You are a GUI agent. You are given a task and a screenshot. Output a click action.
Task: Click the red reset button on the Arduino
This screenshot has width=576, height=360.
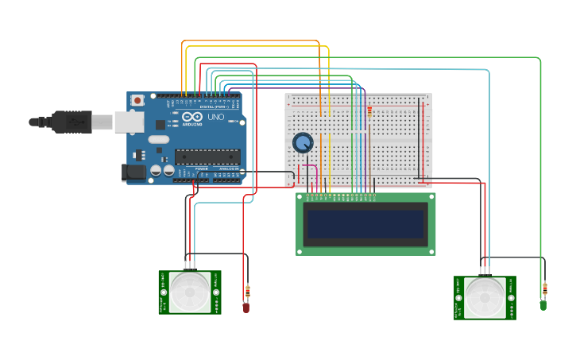coord(137,100)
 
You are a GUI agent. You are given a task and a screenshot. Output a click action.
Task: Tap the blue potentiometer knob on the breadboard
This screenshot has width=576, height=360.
coord(303,143)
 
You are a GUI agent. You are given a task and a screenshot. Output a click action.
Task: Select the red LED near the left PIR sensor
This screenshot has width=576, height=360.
coord(246,308)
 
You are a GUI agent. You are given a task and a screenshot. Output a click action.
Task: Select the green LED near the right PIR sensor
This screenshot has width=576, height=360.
coord(543,305)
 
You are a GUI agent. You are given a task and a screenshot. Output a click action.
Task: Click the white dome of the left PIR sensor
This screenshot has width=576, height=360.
coord(191,292)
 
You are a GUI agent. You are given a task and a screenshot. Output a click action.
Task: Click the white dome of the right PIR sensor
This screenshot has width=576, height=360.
coord(485,297)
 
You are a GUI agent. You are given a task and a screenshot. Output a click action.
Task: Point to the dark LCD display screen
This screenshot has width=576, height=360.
coord(365,224)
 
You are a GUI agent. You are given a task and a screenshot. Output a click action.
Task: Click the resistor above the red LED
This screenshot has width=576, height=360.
coord(247,292)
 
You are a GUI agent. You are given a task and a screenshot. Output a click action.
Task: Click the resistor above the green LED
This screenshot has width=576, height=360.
coord(544,288)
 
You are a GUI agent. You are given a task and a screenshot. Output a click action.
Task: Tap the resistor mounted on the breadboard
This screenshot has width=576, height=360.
coord(369,114)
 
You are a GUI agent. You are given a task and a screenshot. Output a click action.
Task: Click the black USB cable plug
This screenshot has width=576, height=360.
coord(72,122)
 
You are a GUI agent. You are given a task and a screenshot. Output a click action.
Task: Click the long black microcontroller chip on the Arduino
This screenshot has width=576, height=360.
coord(207,157)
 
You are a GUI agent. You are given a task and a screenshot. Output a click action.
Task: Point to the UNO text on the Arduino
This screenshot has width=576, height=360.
coord(215,117)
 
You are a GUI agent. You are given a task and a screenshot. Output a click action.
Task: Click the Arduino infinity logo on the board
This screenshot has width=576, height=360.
coord(192,117)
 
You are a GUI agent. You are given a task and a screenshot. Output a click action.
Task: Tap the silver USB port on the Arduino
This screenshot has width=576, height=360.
coord(129,122)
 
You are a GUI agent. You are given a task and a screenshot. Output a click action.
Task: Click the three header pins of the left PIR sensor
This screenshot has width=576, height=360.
coord(190,265)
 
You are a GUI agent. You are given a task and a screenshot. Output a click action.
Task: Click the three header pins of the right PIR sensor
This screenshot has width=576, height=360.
coord(485,270)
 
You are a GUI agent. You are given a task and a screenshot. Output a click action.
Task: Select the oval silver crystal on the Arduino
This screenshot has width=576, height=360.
coord(159,140)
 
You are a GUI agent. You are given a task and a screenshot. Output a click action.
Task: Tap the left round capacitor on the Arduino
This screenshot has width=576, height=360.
coord(157,170)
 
